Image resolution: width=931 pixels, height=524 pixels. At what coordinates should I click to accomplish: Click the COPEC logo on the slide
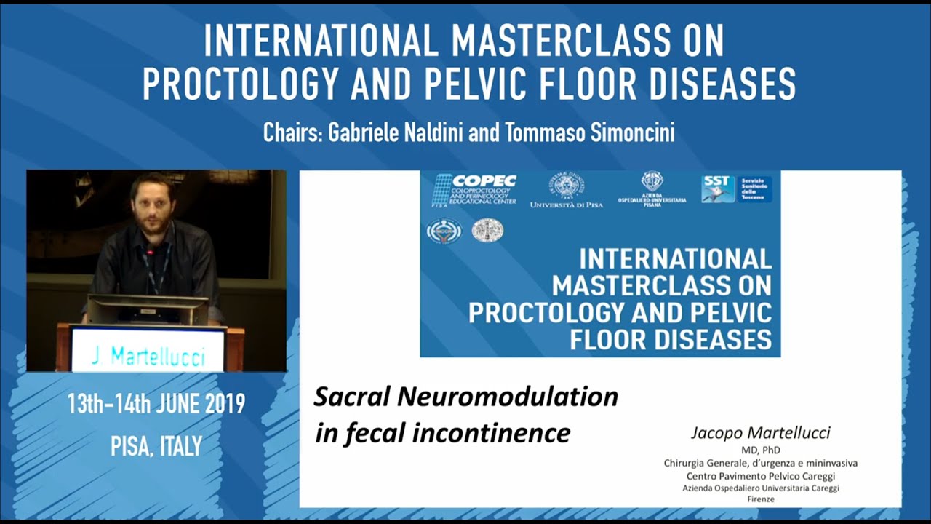[474, 189]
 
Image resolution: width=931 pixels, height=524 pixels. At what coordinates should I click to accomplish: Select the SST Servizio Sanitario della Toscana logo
[736, 188]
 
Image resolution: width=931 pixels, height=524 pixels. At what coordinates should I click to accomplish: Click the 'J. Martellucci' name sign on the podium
[148, 357]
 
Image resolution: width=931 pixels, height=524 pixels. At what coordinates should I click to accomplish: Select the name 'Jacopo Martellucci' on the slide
[760, 433]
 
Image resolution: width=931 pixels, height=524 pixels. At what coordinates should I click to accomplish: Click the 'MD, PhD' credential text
[760, 450]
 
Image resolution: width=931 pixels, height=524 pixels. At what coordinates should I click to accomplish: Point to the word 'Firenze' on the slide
[760, 499]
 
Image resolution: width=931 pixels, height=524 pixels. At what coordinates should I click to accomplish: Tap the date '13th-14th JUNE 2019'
[156, 404]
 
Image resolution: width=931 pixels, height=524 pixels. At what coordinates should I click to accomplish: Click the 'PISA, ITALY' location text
[156, 445]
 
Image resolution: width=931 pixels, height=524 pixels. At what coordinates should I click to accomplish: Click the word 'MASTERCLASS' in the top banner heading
[558, 42]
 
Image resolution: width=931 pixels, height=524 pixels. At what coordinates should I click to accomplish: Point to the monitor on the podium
[148, 310]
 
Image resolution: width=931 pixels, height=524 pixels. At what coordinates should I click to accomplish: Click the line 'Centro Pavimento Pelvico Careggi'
[760, 476]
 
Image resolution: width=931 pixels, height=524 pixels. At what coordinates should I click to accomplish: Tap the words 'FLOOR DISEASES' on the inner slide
[670, 339]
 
